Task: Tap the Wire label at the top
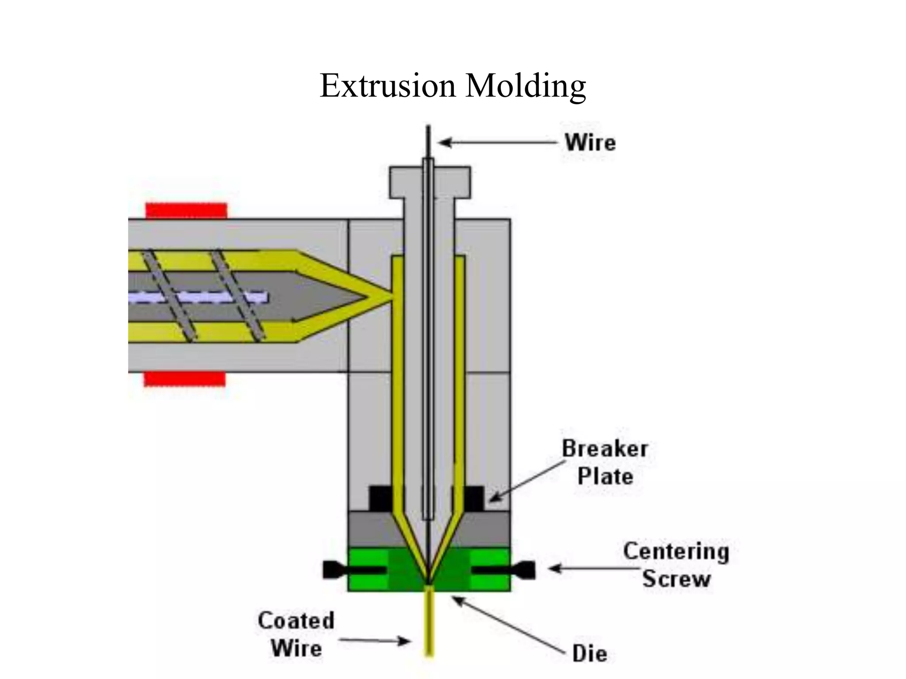pos(590,143)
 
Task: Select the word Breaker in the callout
pos(605,449)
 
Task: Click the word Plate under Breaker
pos(605,477)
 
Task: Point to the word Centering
pos(676,551)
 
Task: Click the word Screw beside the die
pos(676,579)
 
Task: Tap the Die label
pos(589,653)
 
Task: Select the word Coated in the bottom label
pos(296,621)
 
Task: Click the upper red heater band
pos(186,210)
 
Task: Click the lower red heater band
pos(184,379)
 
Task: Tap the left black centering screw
pos(333,570)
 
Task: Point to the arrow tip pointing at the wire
pos(441,142)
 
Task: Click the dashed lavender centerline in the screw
pos(199,298)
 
